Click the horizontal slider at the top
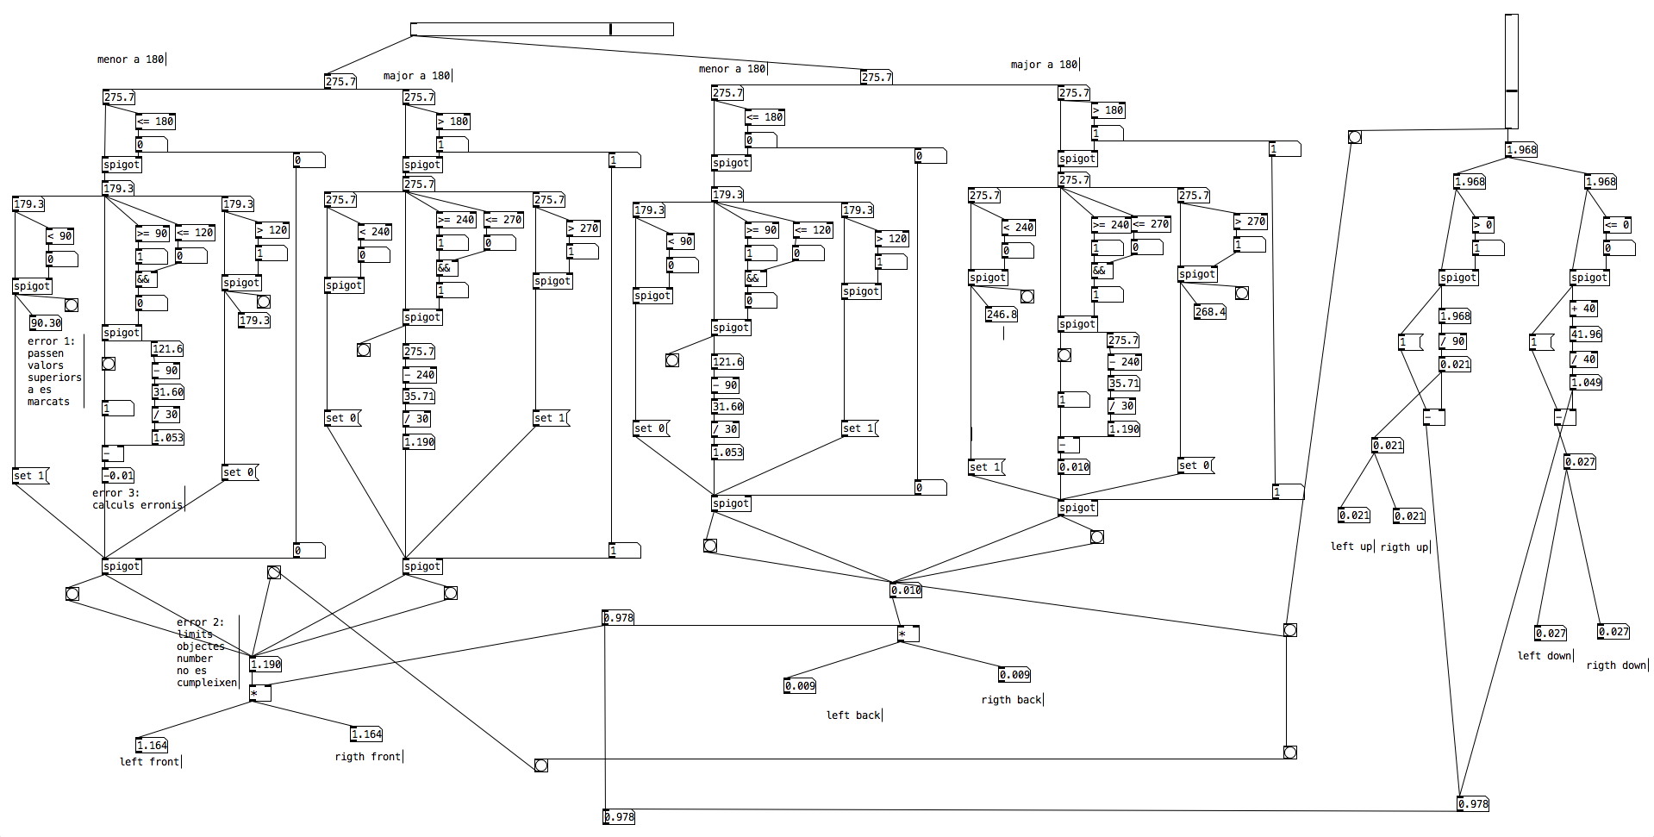pyautogui.click(x=542, y=29)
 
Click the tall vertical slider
pyautogui.click(x=1512, y=71)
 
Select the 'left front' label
pyautogui.click(x=150, y=762)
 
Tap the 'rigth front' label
pyautogui.click(x=368, y=757)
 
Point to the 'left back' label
pyautogui.click(x=853, y=715)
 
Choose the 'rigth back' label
pyautogui.click(x=1011, y=700)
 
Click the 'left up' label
pyautogui.click(x=1351, y=547)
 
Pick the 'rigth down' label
pyautogui.click(x=1616, y=665)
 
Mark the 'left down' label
pyautogui.click(x=1545, y=656)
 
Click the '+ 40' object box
pyautogui.click(x=1584, y=309)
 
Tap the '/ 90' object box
pyautogui.click(x=1453, y=341)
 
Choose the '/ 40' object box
pyautogui.click(x=1584, y=359)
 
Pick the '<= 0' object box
pyautogui.click(x=1618, y=225)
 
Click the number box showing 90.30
pyautogui.click(x=46, y=323)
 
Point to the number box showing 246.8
pyautogui.click(x=1002, y=315)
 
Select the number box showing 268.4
pyautogui.click(x=1210, y=312)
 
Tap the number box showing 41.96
pyautogui.click(x=1586, y=334)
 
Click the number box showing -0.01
pyautogui.click(x=119, y=476)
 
